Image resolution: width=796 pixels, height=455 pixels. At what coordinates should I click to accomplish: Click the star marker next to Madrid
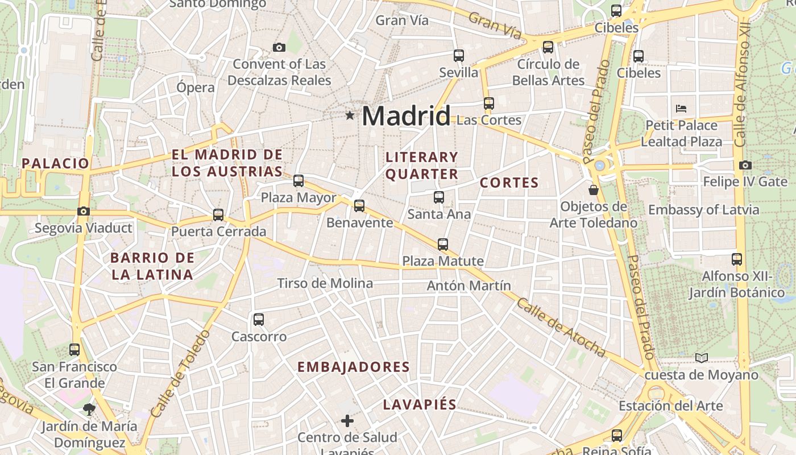pyautogui.click(x=349, y=116)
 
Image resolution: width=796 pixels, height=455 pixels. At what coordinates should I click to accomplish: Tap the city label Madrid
pyautogui.click(x=406, y=116)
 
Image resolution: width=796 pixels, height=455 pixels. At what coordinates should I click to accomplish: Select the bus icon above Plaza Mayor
pyautogui.click(x=298, y=181)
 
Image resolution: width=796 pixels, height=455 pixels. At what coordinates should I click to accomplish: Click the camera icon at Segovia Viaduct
pyautogui.click(x=84, y=211)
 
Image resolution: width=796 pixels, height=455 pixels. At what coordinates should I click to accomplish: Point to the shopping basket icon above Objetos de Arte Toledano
pyautogui.click(x=594, y=189)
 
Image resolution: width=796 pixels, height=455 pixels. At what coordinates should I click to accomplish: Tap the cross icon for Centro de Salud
pyautogui.click(x=347, y=421)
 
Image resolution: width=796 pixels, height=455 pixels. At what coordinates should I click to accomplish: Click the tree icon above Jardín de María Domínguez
pyautogui.click(x=89, y=408)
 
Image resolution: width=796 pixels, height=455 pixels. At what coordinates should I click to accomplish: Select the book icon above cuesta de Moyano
pyautogui.click(x=702, y=358)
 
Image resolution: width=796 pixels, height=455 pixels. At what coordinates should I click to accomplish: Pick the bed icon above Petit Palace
pyautogui.click(x=681, y=108)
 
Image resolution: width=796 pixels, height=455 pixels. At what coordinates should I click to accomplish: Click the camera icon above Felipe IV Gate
pyautogui.click(x=745, y=166)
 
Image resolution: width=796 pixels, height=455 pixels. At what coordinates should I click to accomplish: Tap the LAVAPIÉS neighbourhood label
pyautogui.click(x=420, y=404)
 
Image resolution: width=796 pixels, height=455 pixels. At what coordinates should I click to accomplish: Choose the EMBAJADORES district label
pyautogui.click(x=354, y=367)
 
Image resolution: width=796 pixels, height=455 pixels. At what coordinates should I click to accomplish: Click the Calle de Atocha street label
pyautogui.click(x=561, y=328)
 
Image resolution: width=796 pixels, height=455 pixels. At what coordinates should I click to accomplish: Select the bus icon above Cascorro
pyautogui.click(x=259, y=320)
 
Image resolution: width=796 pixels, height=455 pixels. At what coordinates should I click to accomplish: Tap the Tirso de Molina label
pyautogui.click(x=325, y=283)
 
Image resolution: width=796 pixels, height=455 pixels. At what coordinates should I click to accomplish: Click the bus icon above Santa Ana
pyautogui.click(x=439, y=197)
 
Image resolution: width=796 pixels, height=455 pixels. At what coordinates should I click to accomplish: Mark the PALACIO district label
pyautogui.click(x=56, y=163)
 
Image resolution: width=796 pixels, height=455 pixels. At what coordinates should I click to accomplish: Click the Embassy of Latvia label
pyautogui.click(x=703, y=210)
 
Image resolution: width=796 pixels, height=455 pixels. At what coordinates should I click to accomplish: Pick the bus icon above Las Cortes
pyautogui.click(x=489, y=104)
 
